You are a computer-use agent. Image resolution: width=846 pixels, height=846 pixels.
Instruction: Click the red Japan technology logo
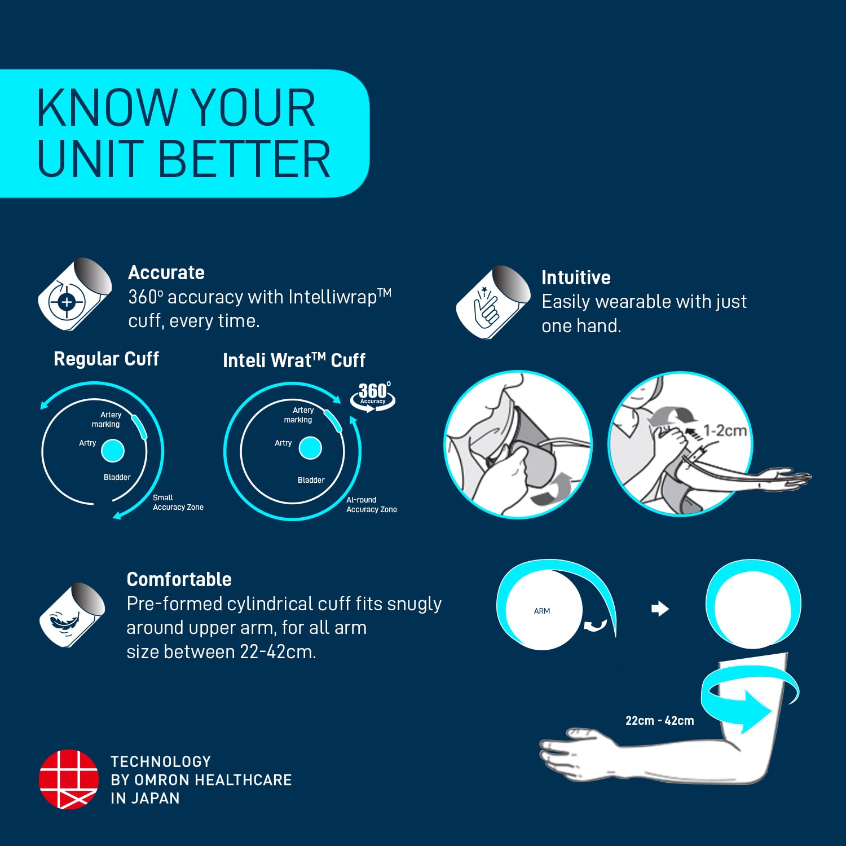[x=68, y=779]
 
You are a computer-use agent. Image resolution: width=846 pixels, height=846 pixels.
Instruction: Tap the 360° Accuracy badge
[x=373, y=396]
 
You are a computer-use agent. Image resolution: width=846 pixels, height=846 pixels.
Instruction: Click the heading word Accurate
[x=166, y=272]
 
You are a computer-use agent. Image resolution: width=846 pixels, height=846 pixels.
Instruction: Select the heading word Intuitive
[x=576, y=277]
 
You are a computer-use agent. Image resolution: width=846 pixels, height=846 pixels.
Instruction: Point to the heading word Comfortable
[x=179, y=579]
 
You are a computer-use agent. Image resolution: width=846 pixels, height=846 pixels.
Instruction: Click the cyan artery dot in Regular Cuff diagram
[x=113, y=451]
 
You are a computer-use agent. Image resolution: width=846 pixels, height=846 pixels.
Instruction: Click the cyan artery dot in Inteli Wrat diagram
[x=310, y=448]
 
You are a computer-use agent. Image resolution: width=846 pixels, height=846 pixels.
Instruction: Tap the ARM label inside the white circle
[x=542, y=611]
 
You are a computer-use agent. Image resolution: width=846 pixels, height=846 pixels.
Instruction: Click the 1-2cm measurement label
[x=725, y=430]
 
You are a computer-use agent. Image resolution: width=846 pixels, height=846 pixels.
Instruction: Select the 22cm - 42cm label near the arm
[x=659, y=720]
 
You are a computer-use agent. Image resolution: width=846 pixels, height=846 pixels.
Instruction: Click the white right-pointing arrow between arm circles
[x=660, y=609]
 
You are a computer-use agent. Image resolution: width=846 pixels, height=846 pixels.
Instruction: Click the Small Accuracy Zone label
[x=178, y=503]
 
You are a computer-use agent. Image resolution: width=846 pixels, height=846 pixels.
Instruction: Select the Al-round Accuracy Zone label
[x=372, y=505]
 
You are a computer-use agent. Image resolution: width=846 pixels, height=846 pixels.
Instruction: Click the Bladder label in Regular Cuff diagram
[x=117, y=477]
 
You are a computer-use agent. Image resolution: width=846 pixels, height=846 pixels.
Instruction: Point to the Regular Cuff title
[x=107, y=359]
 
